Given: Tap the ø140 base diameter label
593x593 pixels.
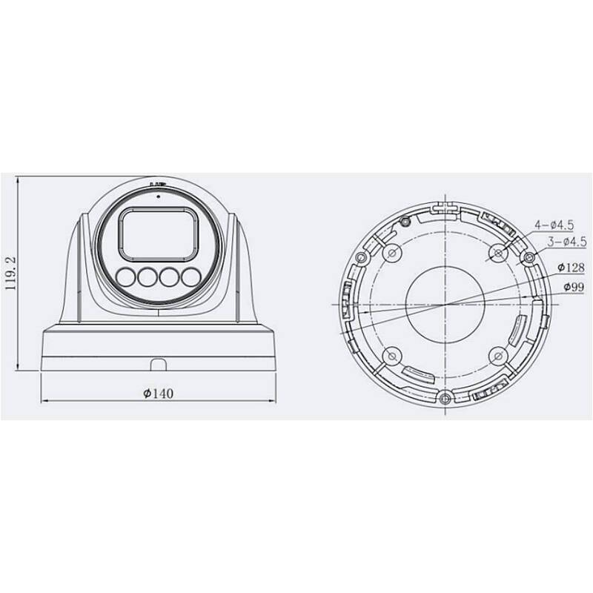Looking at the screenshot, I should [x=158, y=392].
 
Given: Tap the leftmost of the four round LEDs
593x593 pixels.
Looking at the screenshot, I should [x=125, y=277].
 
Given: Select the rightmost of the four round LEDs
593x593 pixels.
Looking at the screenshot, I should [x=193, y=277].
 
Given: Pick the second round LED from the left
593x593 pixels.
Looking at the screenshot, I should [x=148, y=277].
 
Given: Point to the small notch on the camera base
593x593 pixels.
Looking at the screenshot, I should [x=158, y=364].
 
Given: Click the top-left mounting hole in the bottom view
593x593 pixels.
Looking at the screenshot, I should [x=391, y=252].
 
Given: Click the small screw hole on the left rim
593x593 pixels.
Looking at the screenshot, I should [x=361, y=257].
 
